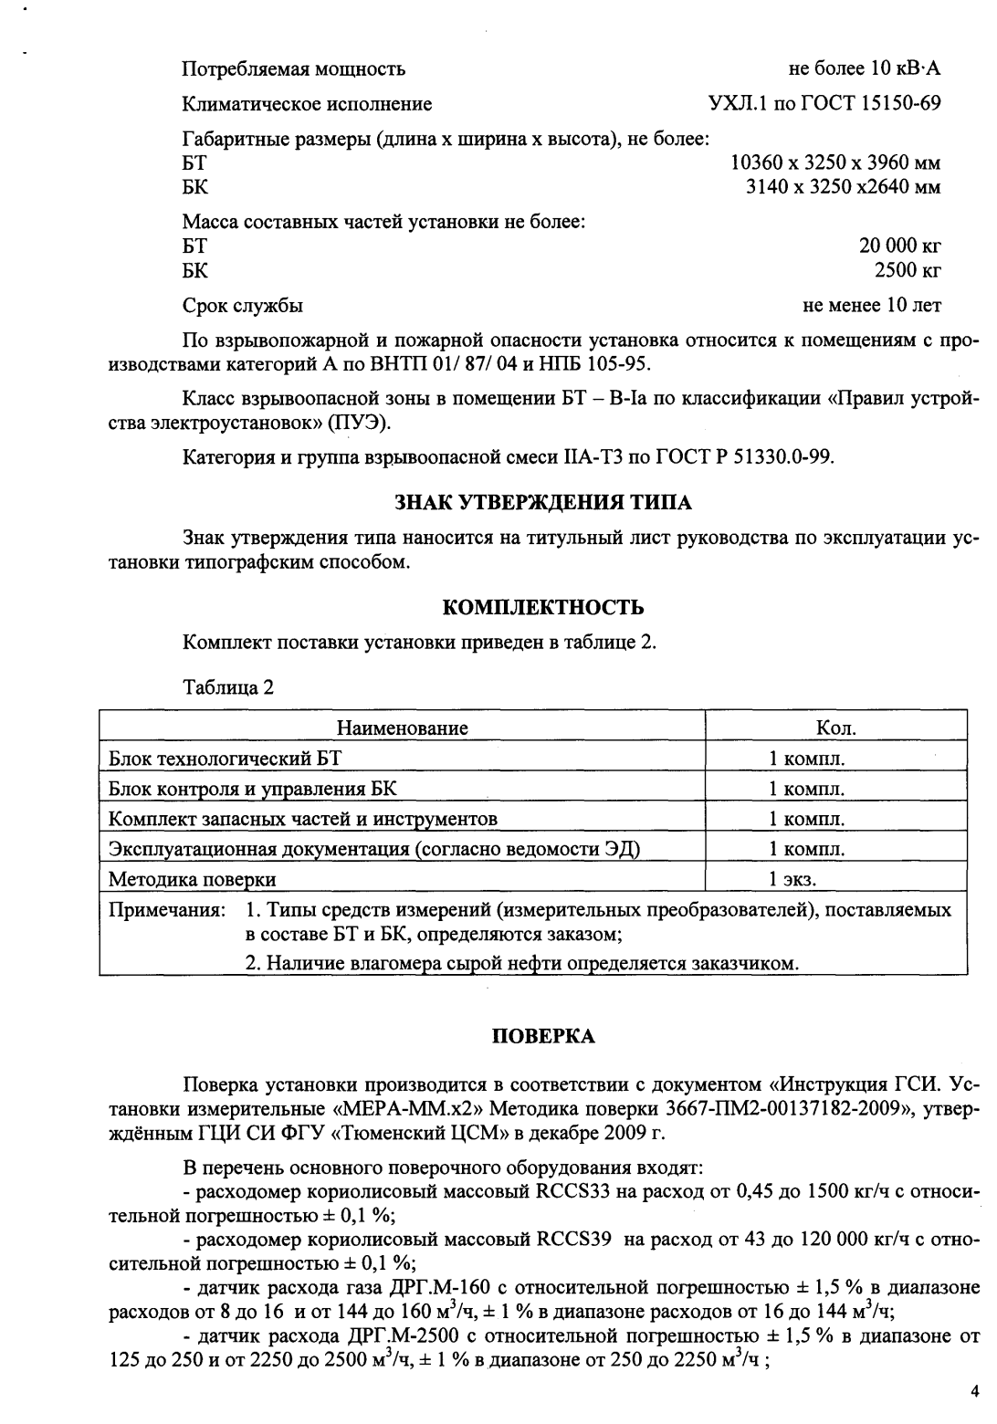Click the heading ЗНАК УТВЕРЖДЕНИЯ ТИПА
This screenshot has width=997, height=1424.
542,502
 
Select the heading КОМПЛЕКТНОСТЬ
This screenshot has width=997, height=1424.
542,607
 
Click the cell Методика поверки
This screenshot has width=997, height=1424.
193,880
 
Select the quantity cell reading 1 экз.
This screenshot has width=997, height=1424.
792,880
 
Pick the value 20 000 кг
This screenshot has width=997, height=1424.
899,246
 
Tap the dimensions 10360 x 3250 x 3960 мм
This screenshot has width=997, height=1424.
835,163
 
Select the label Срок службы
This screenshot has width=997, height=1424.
243,305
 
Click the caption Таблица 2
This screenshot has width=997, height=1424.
227,687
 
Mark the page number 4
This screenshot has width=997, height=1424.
973,1391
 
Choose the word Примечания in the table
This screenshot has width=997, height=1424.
166,911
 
